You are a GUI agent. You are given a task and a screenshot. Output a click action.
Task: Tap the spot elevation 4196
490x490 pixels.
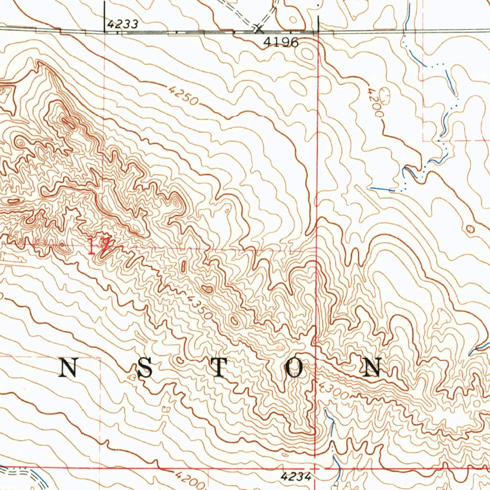[281, 43]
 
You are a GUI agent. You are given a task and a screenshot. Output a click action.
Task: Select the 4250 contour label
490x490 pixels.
[182, 95]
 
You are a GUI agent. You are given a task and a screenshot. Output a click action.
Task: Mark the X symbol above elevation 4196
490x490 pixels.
[258, 29]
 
